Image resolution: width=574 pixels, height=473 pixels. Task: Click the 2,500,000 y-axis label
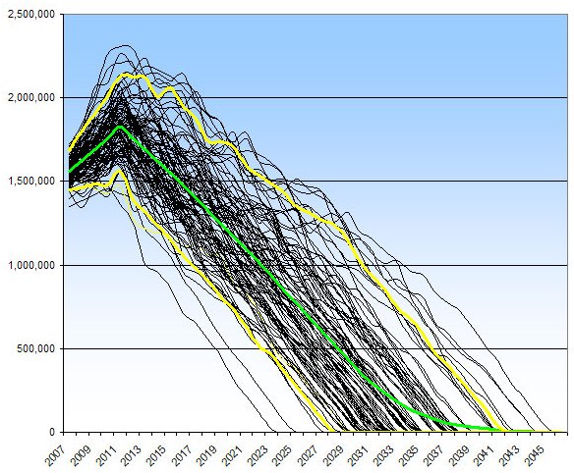point(30,15)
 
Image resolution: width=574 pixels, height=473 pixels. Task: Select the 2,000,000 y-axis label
point(30,98)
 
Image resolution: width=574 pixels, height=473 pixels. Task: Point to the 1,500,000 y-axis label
point(30,182)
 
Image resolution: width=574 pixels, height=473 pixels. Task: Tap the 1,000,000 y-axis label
point(30,265)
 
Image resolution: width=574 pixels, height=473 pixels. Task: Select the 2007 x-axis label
point(57,453)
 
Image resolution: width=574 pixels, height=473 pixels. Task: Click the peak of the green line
point(119,127)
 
